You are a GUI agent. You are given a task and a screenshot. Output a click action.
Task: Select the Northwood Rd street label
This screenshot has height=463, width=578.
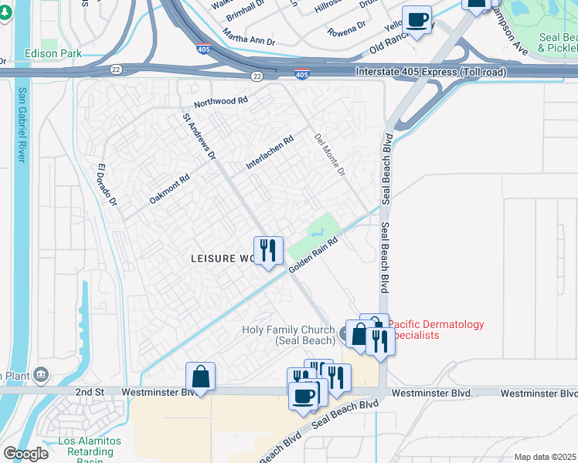coord(221,102)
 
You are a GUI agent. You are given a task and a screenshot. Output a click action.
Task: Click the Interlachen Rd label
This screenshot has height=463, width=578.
coord(270,153)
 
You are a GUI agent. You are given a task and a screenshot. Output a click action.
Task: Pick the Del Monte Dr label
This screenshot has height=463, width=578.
coord(329,154)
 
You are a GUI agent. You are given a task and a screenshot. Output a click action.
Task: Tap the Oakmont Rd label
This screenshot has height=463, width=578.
coord(169,188)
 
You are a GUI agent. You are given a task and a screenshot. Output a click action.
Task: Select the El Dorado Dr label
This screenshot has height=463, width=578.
coord(107,185)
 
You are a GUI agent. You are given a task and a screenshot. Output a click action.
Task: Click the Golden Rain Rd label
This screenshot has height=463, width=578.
coord(314,254)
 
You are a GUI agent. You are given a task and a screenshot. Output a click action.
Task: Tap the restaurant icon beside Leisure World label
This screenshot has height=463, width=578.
coord(268,249)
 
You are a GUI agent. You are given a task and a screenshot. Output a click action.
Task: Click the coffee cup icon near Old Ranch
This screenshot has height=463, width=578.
coord(417,19)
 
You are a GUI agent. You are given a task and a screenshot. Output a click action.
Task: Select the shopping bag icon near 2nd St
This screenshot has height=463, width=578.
coord(200,377)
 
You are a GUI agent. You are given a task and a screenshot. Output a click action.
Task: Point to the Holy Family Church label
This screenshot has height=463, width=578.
coord(290,336)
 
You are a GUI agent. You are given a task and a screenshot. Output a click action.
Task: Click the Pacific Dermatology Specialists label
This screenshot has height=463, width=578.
coord(436,330)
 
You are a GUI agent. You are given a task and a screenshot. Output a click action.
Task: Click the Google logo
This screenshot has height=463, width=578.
coord(25,454)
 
